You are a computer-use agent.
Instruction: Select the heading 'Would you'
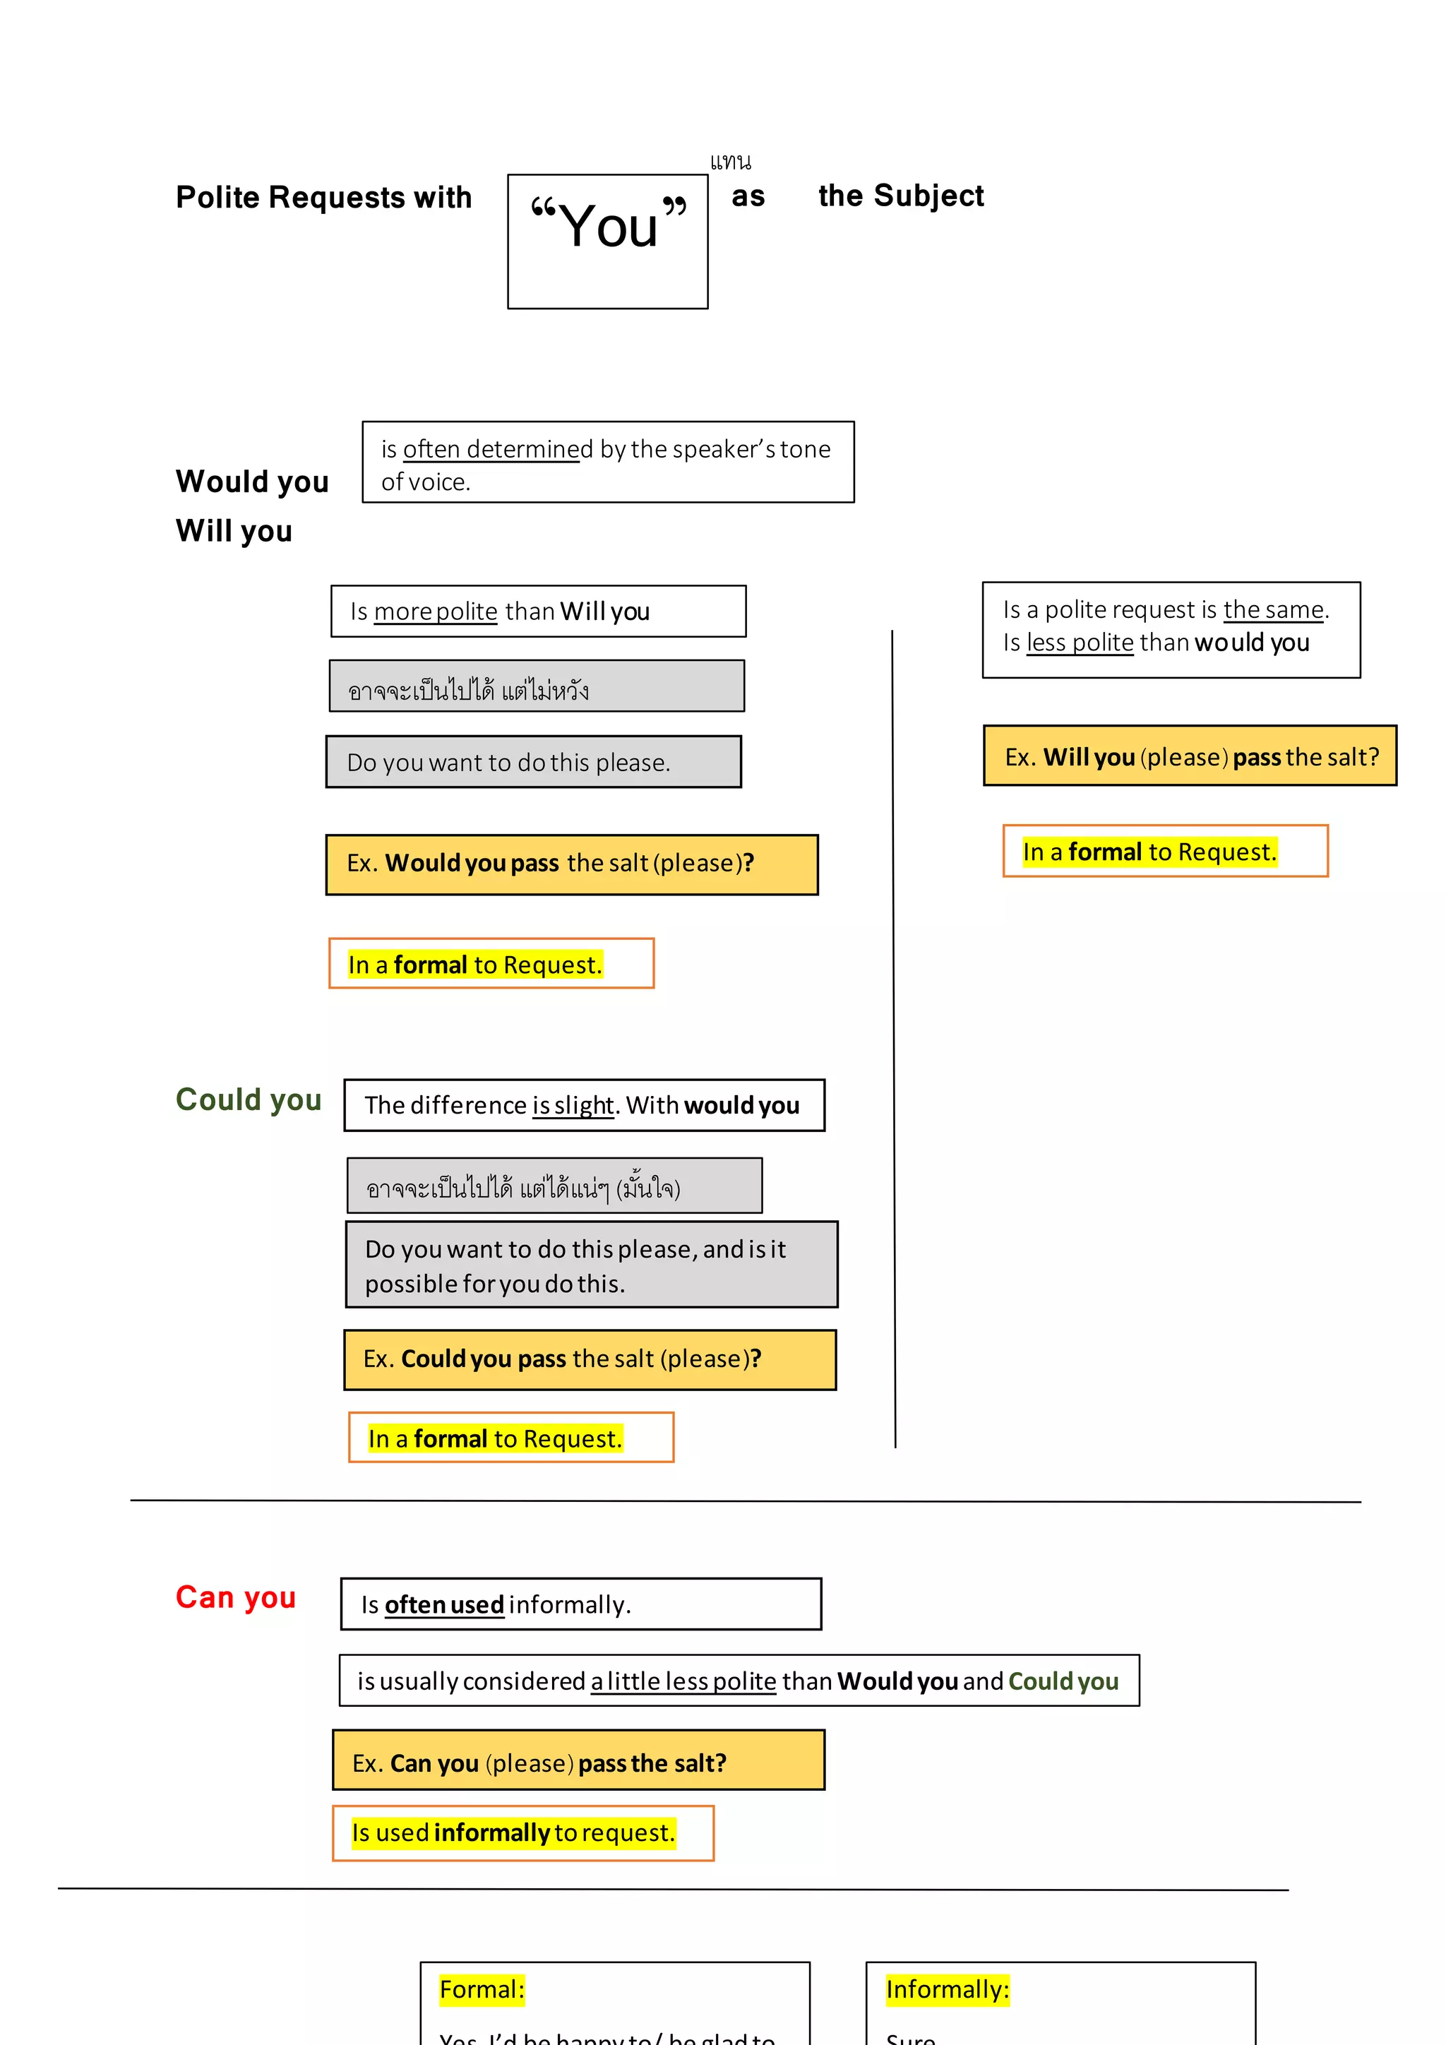(x=252, y=482)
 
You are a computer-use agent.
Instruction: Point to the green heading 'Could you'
(x=249, y=1100)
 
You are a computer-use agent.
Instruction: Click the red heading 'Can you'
(x=235, y=1597)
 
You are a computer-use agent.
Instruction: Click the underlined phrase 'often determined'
(x=497, y=449)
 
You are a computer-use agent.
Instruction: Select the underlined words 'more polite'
(x=436, y=612)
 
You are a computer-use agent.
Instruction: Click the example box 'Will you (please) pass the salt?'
(x=1190, y=756)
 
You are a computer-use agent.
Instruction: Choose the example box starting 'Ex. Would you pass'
(x=572, y=864)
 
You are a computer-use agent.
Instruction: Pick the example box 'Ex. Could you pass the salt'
(x=590, y=1359)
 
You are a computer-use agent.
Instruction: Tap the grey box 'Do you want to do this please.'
(x=533, y=763)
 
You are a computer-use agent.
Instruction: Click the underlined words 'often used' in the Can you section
(x=443, y=1605)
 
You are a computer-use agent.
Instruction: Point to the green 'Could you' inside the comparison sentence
(x=1063, y=1681)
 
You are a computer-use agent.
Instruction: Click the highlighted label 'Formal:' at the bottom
(x=482, y=1990)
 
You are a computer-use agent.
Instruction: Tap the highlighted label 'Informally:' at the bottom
(x=947, y=1990)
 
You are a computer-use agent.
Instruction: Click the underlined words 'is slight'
(x=573, y=1105)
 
